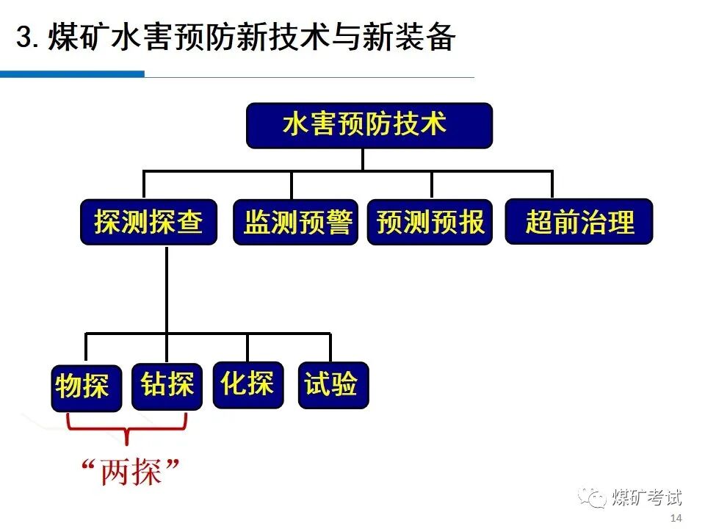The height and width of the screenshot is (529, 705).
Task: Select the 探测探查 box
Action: click(148, 222)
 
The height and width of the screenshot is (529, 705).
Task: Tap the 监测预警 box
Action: click(296, 222)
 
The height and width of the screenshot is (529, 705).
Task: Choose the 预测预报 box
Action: click(430, 222)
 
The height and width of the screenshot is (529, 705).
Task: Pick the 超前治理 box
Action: click(579, 222)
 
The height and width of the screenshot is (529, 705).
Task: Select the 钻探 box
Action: click(167, 385)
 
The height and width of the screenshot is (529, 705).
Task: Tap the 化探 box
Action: click(247, 384)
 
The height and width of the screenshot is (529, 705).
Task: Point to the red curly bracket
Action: click(127, 428)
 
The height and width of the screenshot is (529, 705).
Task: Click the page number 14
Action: click(676, 519)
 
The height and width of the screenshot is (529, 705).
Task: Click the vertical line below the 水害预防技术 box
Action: click(363, 159)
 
